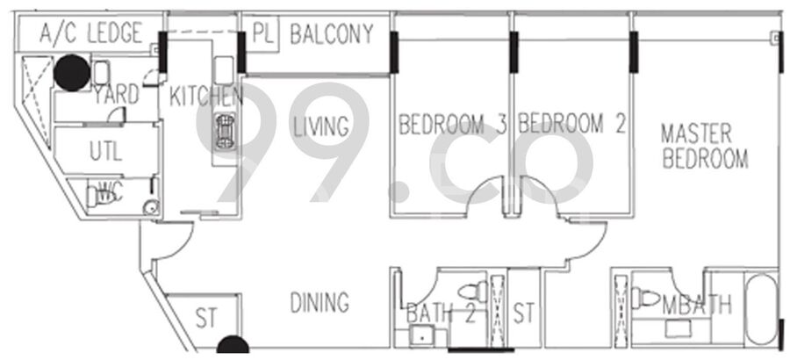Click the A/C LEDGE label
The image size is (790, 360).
[x=90, y=33]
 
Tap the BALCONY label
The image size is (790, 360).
[x=332, y=33]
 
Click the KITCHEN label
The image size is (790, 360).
[x=206, y=96]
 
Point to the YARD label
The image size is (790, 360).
[x=116, y=94]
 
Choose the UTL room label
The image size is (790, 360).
[x=106, y=151]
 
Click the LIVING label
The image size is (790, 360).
[x=321, y=126]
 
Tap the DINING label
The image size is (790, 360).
[x=320, y=303]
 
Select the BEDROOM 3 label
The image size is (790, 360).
[x=452, y=124]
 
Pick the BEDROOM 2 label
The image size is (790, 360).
[x=572, y=124]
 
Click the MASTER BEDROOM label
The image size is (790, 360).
[x=704, y=147]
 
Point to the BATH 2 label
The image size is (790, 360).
[x=441, y=314]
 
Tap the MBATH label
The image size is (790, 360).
[x=697, y=305]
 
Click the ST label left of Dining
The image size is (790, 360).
[x=206, y=319]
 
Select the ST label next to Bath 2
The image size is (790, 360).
[x=523, y=313]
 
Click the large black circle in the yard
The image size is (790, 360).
[x=72, y=73]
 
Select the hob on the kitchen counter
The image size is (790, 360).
[x=226, y=132]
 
